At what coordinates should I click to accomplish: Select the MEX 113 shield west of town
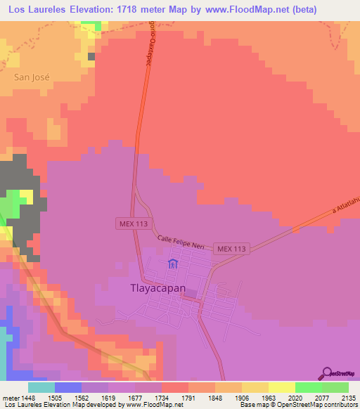tap(133, 223)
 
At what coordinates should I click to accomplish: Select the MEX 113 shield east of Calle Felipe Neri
tap(233, 249)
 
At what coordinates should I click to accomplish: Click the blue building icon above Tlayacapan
tap(173, 265)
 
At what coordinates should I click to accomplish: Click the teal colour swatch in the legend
tap(41, 387)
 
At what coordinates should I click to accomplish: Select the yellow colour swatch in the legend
tap(281, 387)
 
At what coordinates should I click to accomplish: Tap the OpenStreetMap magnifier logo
tap(326, 372)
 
